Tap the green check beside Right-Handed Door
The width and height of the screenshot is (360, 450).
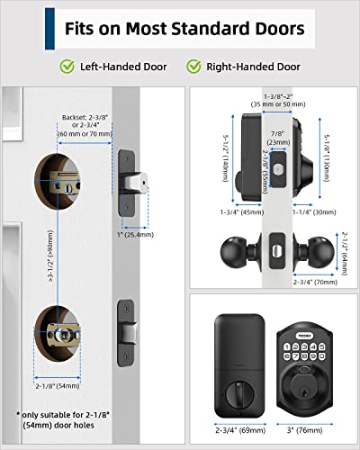coord(194,66)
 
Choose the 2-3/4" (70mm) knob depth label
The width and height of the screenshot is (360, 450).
coord(315,281)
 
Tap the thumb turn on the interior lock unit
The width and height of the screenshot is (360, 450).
coord(235,394)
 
